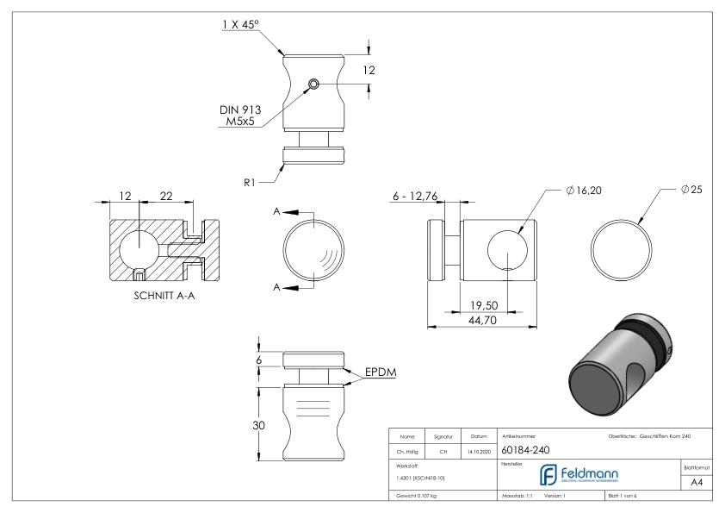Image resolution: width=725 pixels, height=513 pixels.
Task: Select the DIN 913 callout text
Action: click(240, 109)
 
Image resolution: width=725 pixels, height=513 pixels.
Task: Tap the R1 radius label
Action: click(249, 182)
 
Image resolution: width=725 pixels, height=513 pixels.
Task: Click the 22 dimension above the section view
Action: click(166, 197)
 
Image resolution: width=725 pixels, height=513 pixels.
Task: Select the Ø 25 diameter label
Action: click(691, 189)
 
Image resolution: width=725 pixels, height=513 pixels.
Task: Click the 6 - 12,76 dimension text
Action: click(415, 197)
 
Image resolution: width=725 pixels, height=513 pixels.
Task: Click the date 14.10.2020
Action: click(477, 450)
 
